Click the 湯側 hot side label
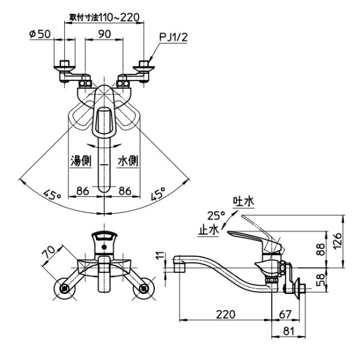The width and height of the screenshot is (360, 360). click(81, 161)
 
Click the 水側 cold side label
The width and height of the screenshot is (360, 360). click(127, 161)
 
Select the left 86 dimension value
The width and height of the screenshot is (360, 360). click(83, 191)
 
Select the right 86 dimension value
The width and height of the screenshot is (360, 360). click(125, 191)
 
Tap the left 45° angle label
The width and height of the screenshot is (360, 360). click(53, 194)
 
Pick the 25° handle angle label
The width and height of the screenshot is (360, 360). click(215, 215)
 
